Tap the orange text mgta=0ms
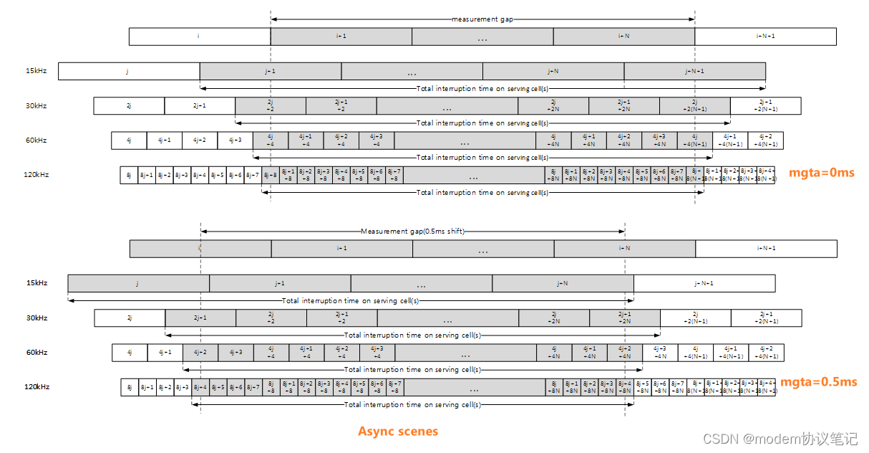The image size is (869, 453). [821, 172]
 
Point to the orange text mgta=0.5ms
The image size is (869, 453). [818, 382]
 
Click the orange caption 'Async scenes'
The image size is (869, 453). [398, 431]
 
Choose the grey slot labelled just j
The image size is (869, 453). [138, 283]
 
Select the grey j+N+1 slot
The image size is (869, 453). [694, 71]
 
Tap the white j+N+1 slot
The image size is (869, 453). [704, 283]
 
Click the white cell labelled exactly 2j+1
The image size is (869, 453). [199, 106]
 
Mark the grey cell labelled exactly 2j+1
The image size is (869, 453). [200, 318]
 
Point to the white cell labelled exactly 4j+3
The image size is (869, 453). [235, 140]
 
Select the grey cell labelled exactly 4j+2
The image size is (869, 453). [200, 353]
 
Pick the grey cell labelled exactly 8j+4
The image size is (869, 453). [200, 388]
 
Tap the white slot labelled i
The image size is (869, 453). [199, 37]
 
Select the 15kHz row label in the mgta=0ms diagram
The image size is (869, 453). [36, 71]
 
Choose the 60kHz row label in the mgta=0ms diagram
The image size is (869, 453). [36, 140]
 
